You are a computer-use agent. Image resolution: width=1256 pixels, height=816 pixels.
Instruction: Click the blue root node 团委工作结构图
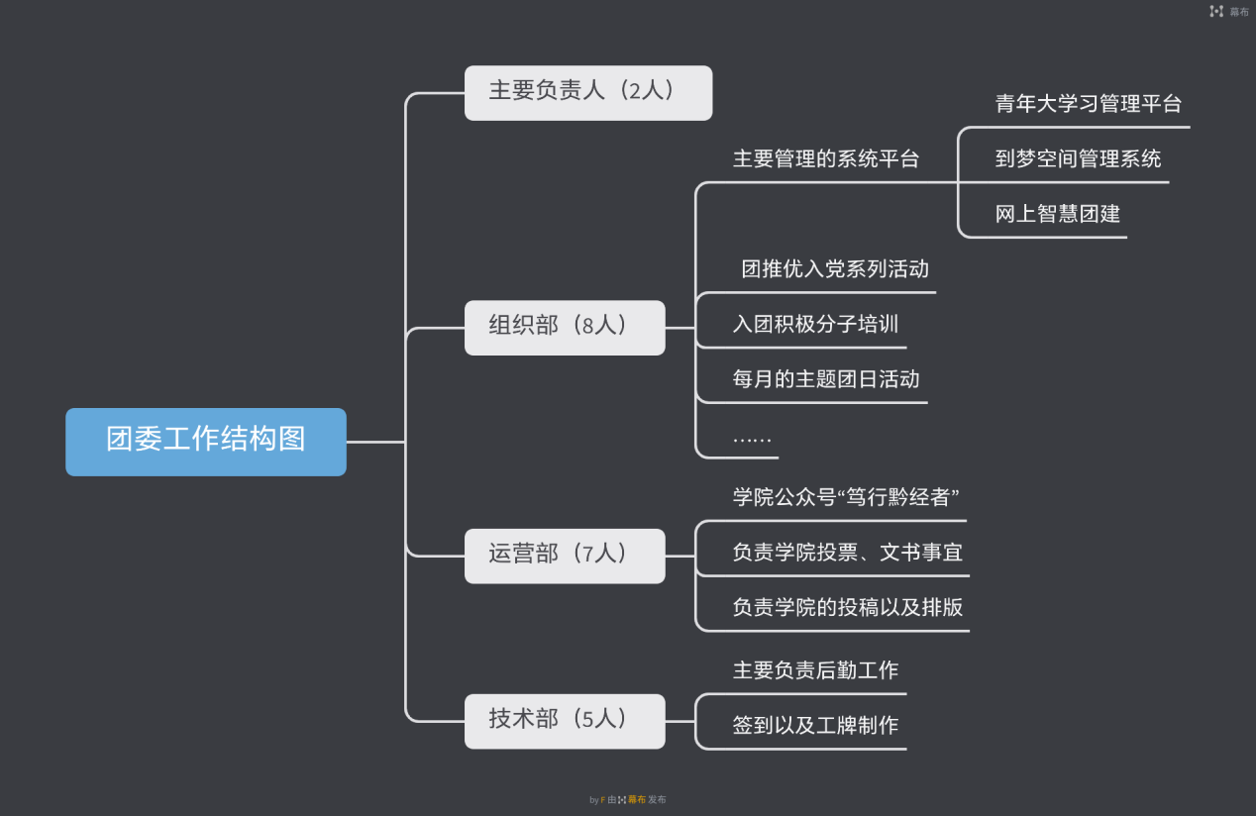[206, 442]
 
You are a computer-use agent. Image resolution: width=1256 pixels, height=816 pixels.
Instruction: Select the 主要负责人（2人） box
[587, 93]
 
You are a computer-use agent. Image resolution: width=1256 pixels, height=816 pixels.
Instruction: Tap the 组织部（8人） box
[565, 327]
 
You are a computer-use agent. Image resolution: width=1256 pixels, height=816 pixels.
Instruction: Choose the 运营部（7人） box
[565, 556]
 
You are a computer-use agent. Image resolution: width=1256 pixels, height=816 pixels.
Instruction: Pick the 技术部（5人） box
[565, 721]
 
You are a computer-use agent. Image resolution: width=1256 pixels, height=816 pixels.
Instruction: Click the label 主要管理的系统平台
[826, 159]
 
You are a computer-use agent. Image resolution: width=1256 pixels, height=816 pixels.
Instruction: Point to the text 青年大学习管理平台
[1088, 104]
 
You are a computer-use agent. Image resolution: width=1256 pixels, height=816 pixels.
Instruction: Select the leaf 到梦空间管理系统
[1078, 159]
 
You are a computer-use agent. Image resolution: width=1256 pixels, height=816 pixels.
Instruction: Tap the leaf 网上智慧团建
[1057, 214]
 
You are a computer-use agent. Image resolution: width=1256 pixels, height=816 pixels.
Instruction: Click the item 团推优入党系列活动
[835, 269]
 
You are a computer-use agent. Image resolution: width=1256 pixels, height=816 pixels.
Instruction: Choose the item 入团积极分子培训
[815, 325]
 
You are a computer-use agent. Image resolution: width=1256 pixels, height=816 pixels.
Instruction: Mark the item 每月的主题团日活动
[826, 379]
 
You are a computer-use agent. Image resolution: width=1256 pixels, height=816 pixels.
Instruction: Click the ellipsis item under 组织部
[752, 437]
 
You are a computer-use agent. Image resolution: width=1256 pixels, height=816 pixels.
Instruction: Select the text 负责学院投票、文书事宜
[847, 553]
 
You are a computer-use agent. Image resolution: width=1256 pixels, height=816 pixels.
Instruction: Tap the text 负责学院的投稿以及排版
[847, 608]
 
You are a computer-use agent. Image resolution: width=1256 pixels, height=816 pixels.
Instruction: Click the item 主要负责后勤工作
[815, 670]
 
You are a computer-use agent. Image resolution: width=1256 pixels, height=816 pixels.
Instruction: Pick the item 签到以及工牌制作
[815, 726]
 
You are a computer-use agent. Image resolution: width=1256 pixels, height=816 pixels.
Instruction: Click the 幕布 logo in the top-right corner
[1229, 12]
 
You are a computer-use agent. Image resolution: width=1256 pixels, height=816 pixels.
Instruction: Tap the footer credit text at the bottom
[628, 799]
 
